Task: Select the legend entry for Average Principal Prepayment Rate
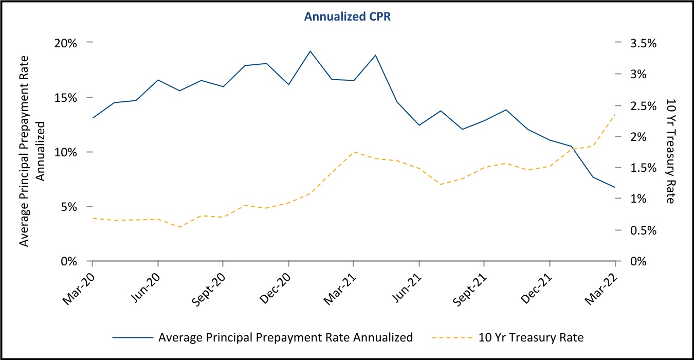(x=285, y=338)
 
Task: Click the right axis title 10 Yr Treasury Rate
(x=670, y=151)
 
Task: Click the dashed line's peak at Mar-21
(x=353, y=152)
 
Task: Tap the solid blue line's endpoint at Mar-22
(x=615, y=187)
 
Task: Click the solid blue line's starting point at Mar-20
(x=93, y=118)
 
